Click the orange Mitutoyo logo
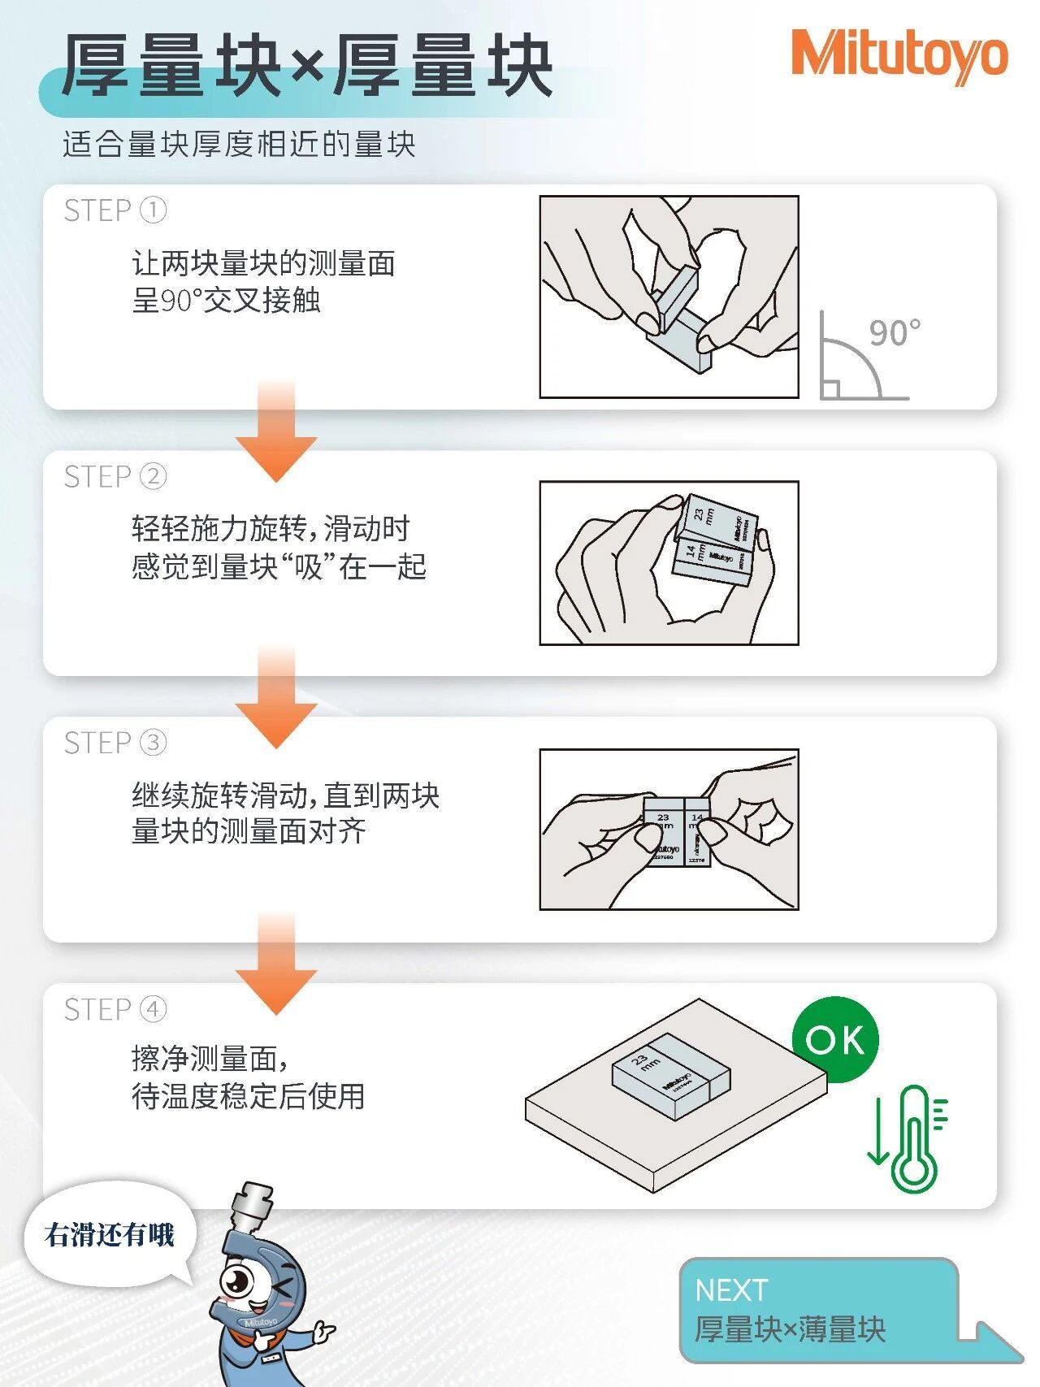tap(899, 56)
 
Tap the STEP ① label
tap(115, 210)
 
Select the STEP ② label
tap(115, 476)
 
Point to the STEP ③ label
tap(115, 743)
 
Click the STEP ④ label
tap(115, 1009)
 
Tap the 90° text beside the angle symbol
tap(894, 333)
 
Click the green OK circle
tap(834, 1039)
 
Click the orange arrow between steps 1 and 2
tap(276, 435)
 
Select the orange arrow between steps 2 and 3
tap(276, 700)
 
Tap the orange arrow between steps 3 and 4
tap(276, 967)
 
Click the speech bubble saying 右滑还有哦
tap(110, 1235)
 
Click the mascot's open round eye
tap(237, 1282)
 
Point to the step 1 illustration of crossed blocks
tap(669, 297)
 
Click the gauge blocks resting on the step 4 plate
tap(671, 1074)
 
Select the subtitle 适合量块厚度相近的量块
tap(239, 145)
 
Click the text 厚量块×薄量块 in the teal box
tap(789, 1329)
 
